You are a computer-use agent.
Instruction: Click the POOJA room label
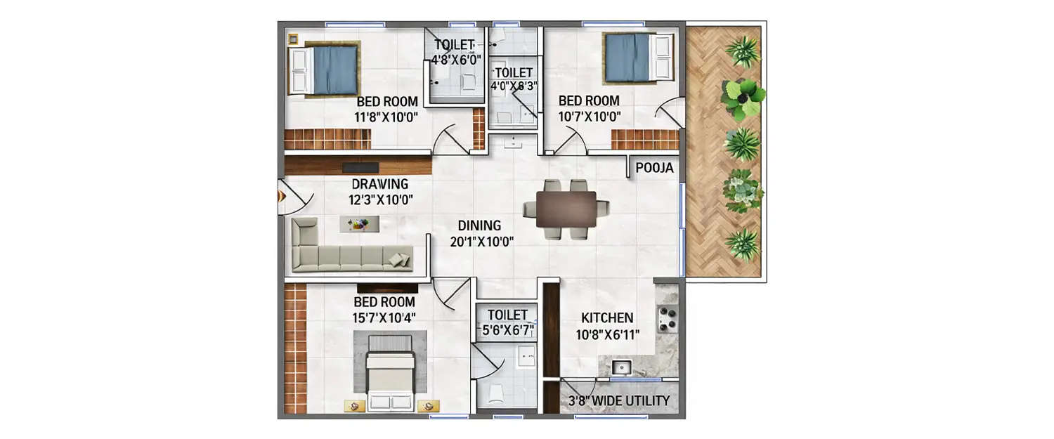point(654,168)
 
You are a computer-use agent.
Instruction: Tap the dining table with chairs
point(566,209)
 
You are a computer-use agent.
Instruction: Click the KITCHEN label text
point(607,317)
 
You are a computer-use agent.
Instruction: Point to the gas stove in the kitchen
point(667,320)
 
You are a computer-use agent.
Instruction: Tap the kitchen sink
point(620,366)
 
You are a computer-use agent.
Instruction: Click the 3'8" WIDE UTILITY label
point(618,401)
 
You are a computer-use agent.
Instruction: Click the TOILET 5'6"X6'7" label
point(507,321)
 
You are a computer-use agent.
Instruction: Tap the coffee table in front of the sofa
point(360,224)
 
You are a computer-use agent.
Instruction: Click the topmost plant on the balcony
point(743,51)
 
